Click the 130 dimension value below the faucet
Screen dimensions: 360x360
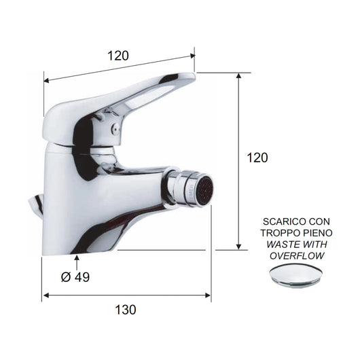click(126, 310)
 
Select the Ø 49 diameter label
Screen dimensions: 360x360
click(75, 277)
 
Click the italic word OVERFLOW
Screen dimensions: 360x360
click(297, 256)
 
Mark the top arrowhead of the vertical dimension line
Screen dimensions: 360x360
click(238, 75)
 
